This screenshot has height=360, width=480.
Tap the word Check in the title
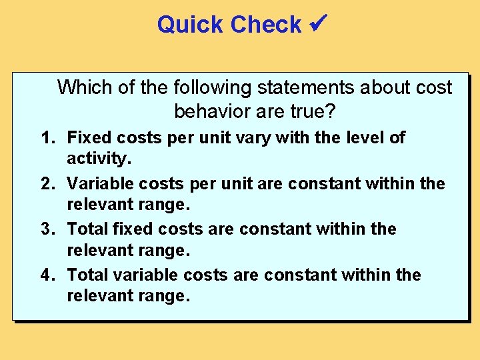coord(266,25)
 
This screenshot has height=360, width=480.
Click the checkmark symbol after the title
coord(317,24)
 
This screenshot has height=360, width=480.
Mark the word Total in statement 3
coord(87,229)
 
